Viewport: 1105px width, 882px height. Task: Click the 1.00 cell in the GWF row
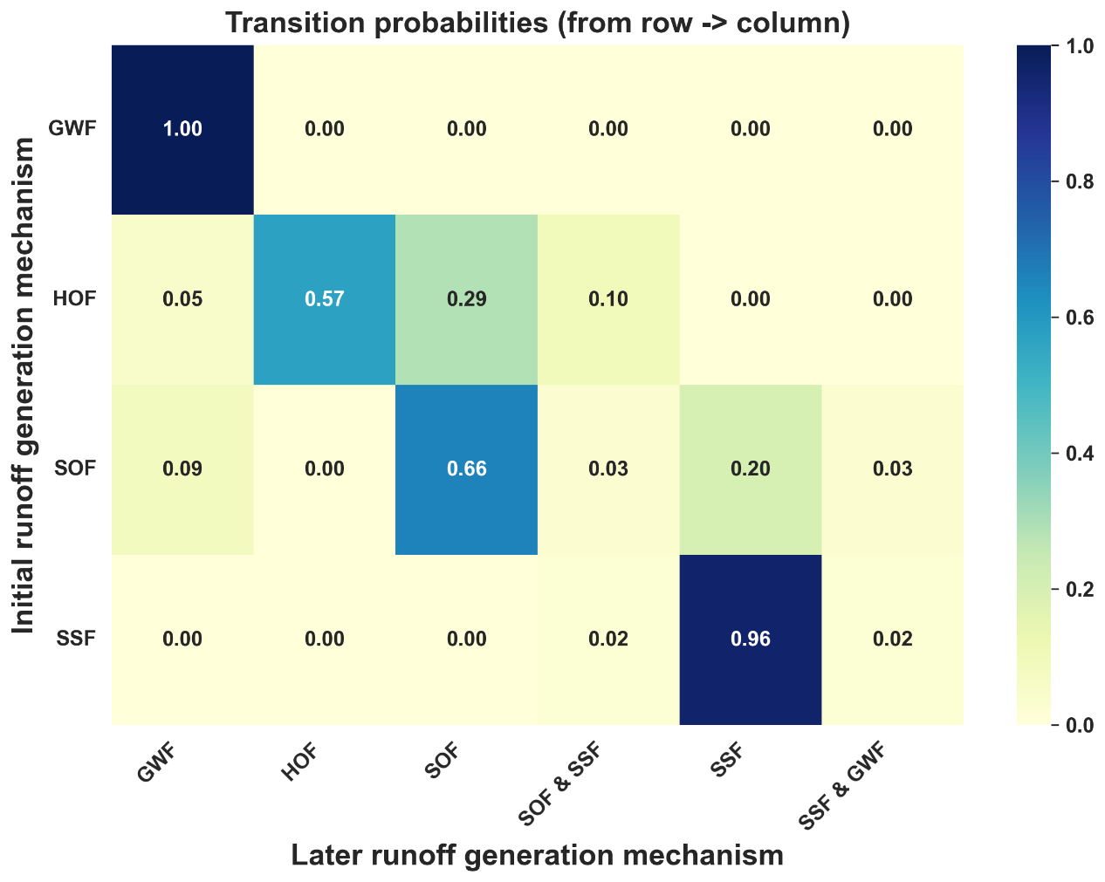(182, 129)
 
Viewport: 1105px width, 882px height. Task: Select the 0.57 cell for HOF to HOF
(325, 299)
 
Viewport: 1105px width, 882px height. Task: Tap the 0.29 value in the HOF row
(466, 299)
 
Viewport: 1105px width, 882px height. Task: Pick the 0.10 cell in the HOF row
(608, 299)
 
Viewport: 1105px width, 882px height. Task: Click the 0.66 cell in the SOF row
(466, 469)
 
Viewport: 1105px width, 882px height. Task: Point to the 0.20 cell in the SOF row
(750, 469)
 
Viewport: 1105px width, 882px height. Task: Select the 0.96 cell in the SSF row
(750, 639)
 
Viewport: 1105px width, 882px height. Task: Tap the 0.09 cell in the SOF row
(182, 469)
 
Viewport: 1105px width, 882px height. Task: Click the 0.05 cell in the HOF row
(182, 299)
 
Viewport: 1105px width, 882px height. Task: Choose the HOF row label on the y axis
(74, 298)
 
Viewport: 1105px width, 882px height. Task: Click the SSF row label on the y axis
(76, 638)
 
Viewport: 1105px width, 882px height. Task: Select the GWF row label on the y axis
(72, 128)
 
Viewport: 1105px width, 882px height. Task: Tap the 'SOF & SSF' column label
(559, 783)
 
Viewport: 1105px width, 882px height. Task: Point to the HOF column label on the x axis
(300, 762)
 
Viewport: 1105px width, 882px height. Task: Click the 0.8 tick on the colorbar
(1079, 181)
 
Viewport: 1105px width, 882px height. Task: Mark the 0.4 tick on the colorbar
(1079, 454)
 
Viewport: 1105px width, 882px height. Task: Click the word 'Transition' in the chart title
(299, 23)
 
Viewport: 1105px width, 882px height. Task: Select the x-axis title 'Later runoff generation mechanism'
(538, 856)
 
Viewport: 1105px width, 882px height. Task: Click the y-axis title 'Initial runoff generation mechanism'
(23, 385)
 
